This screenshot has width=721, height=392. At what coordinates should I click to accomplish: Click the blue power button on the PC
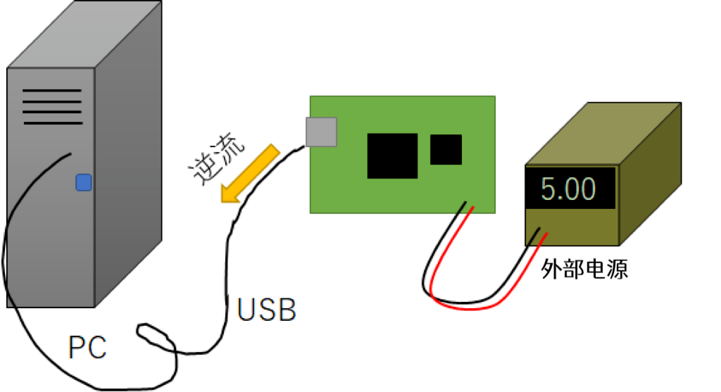click(x=84, y=183)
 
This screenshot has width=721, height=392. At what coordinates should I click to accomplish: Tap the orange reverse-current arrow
click(x=249, y=173)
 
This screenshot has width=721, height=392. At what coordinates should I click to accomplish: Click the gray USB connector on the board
click(x=321, y=132)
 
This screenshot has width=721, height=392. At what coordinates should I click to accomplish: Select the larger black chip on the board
click(x=393, y=155)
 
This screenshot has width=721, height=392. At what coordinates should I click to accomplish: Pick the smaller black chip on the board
click(x=446, y=149)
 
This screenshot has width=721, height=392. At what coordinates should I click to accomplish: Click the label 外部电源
click(x=584, y=268)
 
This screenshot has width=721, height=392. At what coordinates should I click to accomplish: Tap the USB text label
click(x=266, y=310)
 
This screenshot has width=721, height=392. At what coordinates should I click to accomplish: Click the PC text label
click(x=88, y=348)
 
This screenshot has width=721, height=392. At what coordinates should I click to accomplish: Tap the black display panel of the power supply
click(x=571, y=188)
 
